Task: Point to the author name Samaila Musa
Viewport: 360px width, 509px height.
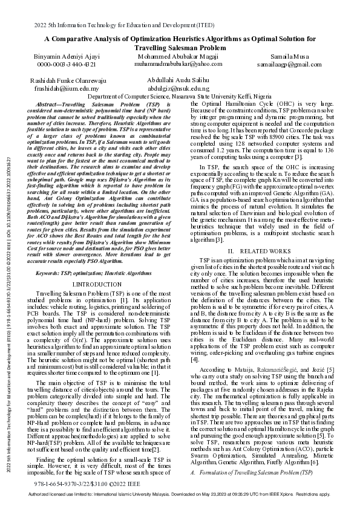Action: pyautogui.click(x=292, y=56)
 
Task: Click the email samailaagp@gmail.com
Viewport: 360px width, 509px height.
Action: pyautogui.click(x=292, y=63)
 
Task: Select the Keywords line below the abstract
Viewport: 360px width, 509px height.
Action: pyautogui.click(x=89, y=273)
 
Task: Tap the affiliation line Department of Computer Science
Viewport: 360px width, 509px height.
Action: pyautogui.click(x=180, y=96)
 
